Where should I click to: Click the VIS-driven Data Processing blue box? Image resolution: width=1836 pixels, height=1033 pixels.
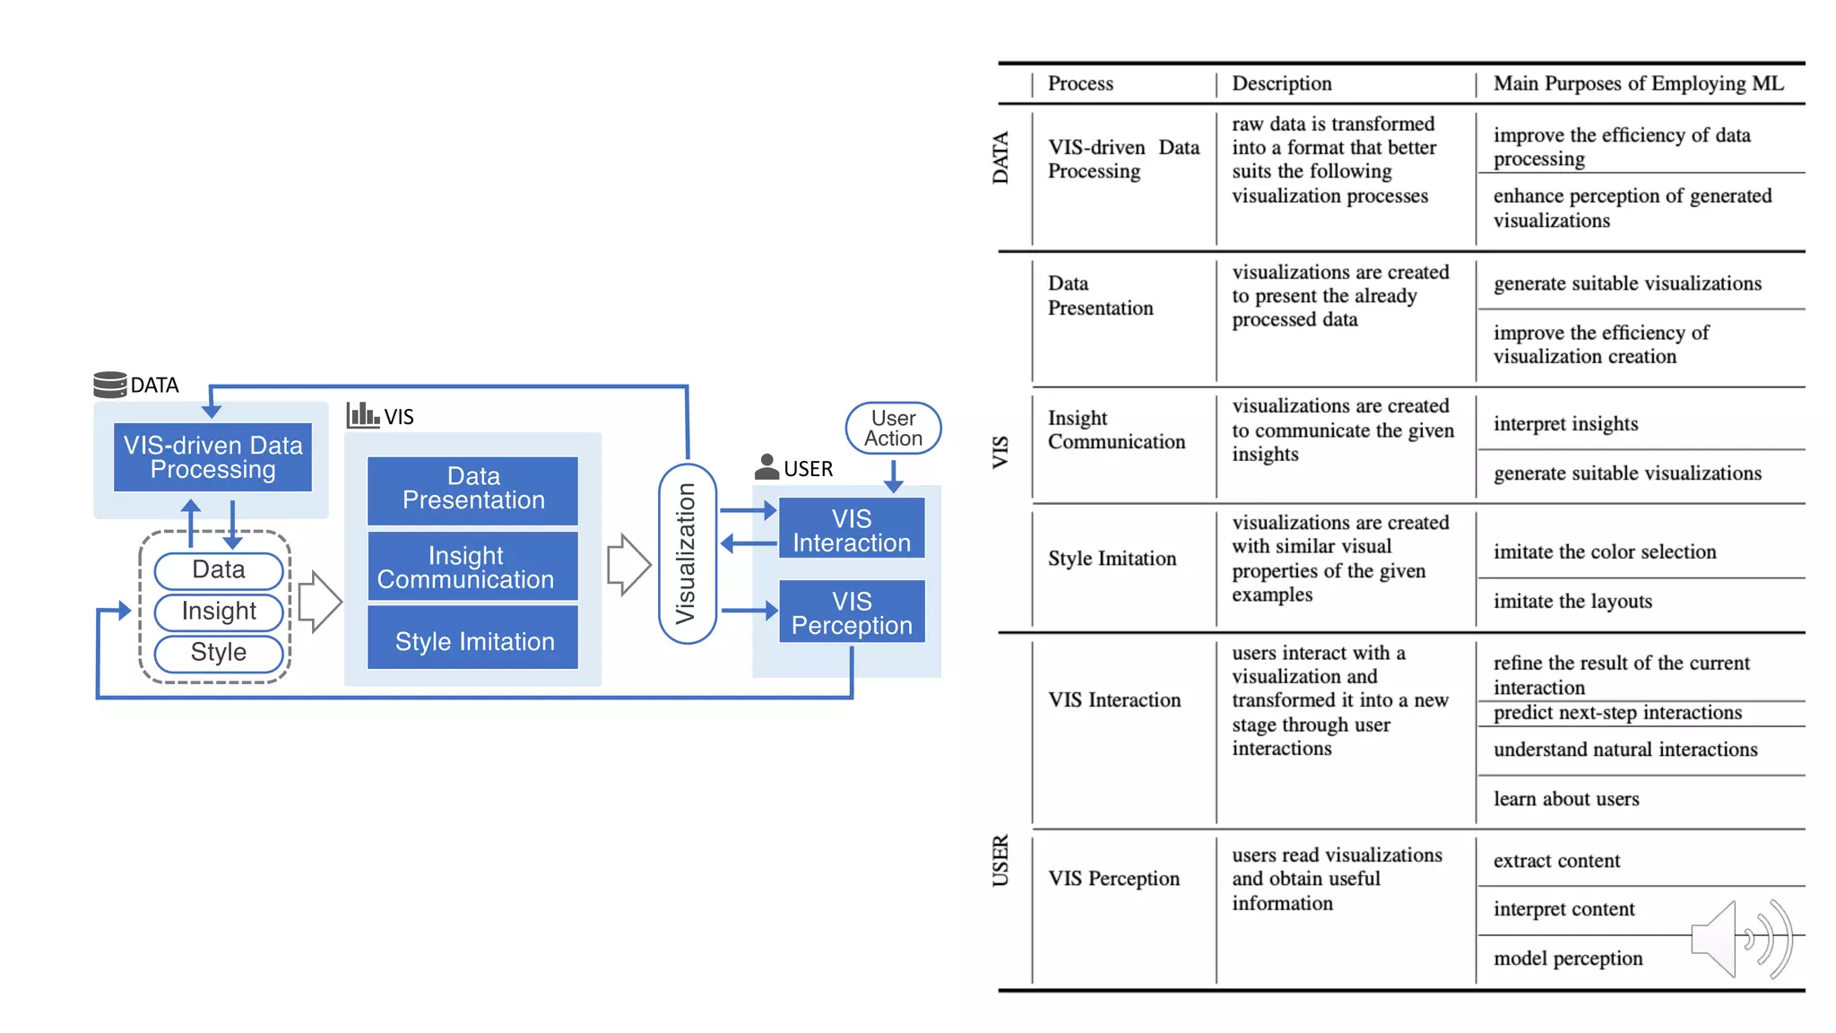click(212, 457)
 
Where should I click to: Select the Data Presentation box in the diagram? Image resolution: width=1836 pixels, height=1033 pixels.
click(472, 489)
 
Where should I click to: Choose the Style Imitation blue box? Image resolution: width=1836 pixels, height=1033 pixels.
click(472, 640)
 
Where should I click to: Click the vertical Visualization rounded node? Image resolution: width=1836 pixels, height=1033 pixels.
click(687, 553)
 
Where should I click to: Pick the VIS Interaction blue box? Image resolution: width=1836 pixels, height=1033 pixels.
click(851, 530)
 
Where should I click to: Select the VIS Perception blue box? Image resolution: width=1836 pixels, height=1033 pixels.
click(851, 612)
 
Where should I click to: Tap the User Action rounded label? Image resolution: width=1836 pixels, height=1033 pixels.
click(893, 429)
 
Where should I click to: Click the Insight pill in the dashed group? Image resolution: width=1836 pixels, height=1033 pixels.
click(219, 612)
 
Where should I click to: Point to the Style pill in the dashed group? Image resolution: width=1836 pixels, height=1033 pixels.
click(219, 653)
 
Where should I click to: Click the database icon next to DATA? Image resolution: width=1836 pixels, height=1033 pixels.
click(109, 385)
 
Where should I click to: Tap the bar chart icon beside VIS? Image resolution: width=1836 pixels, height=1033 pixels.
click(362, 415)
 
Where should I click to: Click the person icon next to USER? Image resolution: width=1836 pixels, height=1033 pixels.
click(766, 467)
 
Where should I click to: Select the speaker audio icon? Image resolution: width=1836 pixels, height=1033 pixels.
click(1739, 939)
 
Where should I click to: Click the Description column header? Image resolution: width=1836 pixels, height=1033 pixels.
click(1281, 83)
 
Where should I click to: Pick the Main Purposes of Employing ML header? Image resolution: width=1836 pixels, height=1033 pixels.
click(1638, 83)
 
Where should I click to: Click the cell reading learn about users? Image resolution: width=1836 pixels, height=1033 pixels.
click(1566, 799)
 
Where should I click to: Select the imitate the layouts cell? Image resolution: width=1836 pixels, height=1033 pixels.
click(1572, 602)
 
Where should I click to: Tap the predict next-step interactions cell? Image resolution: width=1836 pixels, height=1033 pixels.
click(1617, 713)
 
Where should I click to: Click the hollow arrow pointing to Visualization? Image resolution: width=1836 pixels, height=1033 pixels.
click(628, 565)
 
